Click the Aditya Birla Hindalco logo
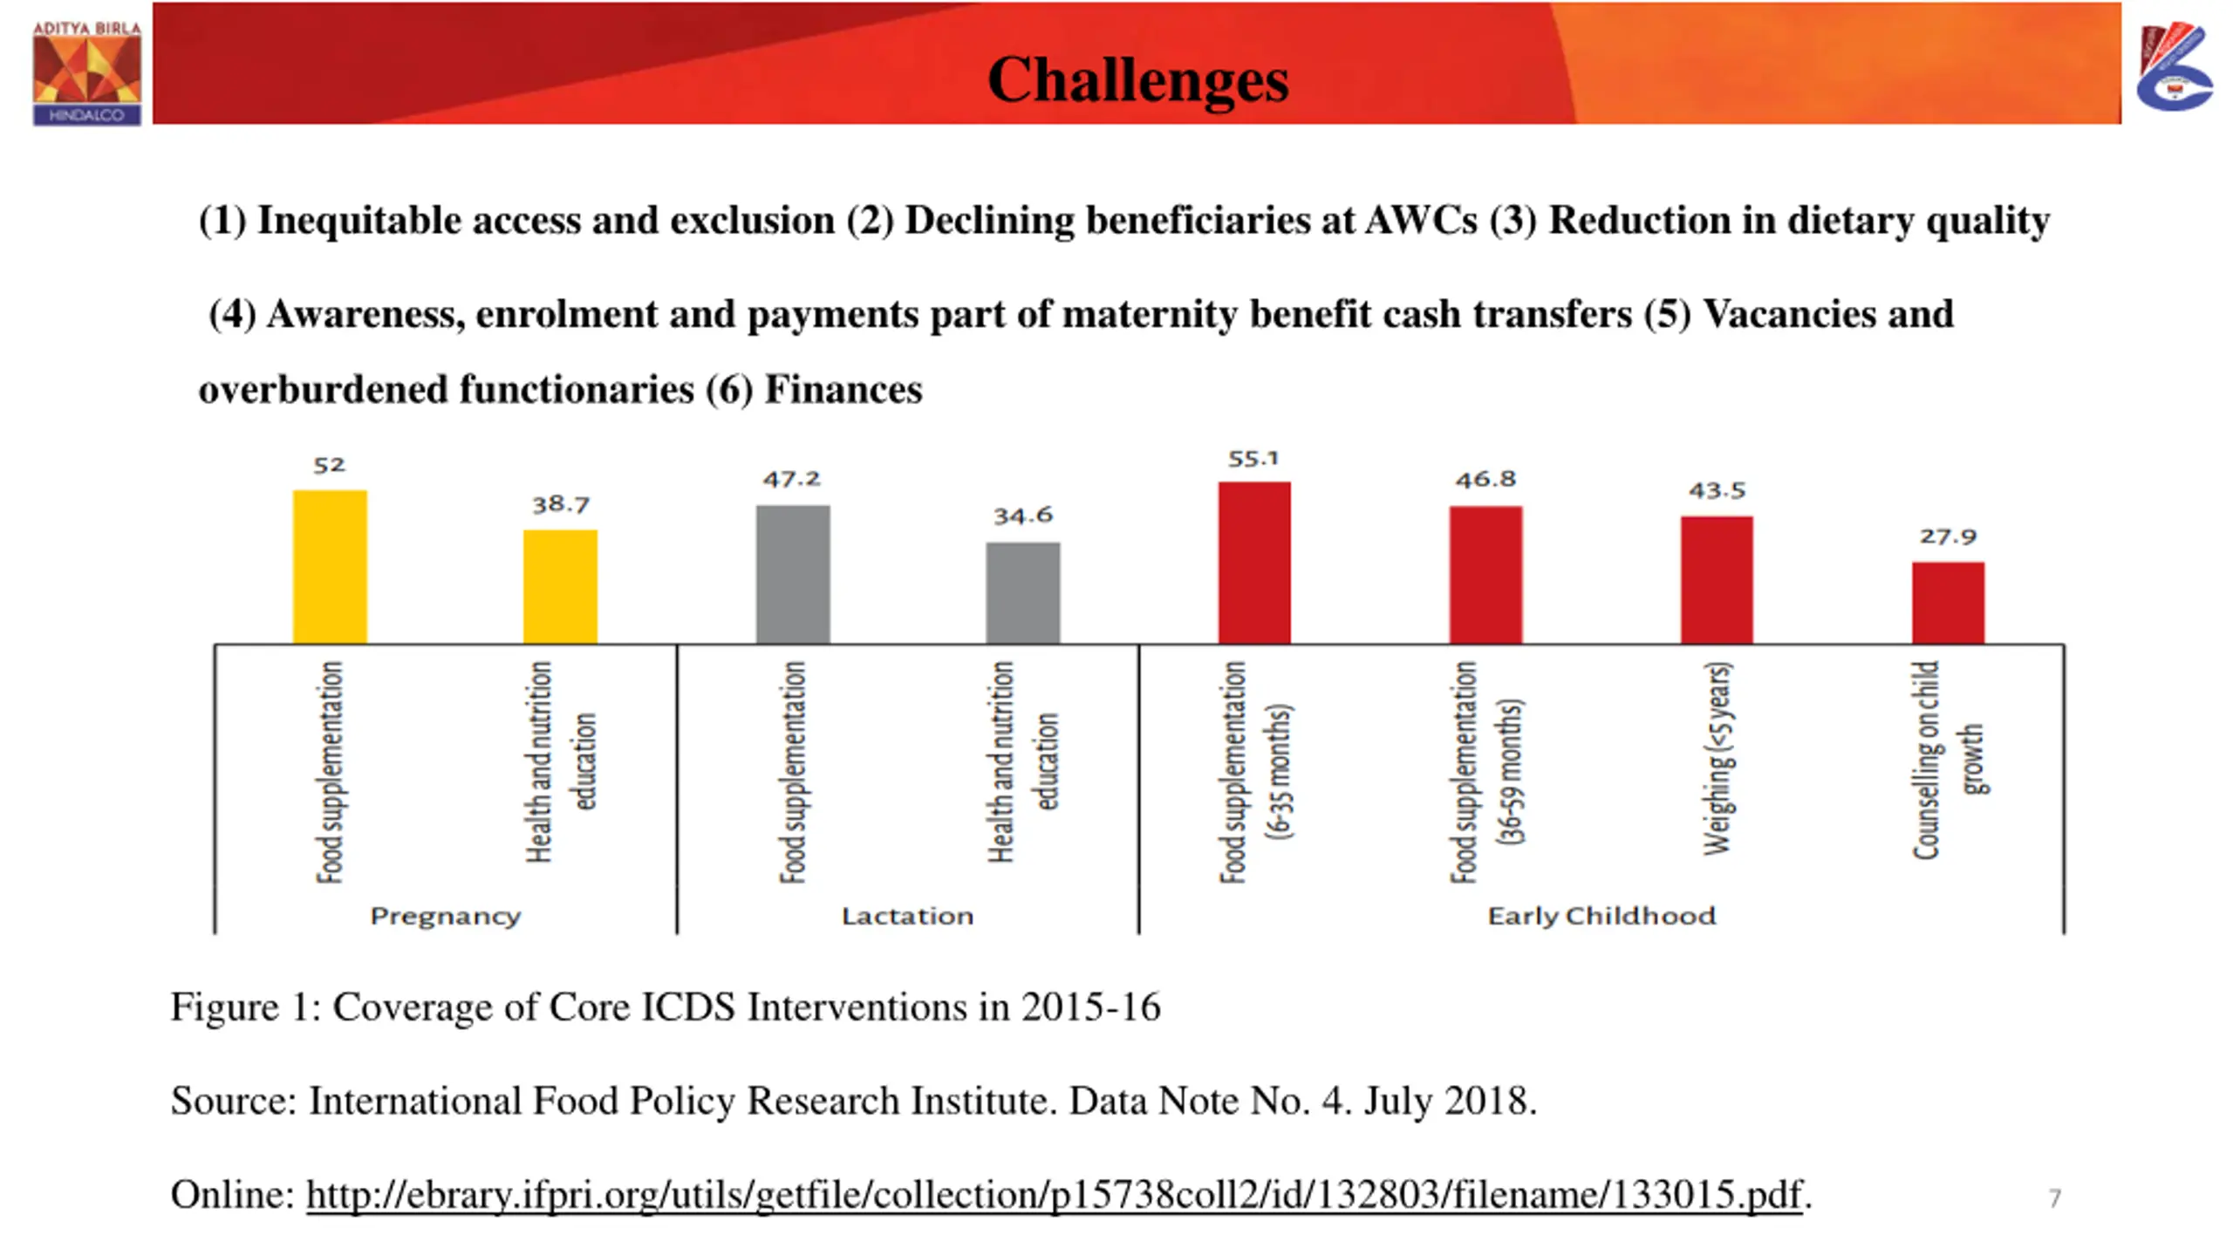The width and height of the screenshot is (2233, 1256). [86, 73]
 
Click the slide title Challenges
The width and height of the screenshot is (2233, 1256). [1137, 79]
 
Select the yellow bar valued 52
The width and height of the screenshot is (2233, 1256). [330, 567]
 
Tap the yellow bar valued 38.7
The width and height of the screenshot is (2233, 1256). [560, 587]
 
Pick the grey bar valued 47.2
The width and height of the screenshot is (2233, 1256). [793, 574]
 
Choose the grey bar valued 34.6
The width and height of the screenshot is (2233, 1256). [1023, 593]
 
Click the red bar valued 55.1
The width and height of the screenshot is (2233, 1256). [1254, 563]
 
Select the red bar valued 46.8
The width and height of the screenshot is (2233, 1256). [1485, 575]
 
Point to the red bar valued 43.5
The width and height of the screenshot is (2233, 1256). [1717, 580]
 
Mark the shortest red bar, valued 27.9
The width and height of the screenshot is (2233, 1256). [1948, 603]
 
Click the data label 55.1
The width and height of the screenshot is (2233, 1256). [1253, 459]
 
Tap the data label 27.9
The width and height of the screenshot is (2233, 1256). [1948, 536]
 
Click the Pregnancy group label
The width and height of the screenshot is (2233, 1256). [445, 916]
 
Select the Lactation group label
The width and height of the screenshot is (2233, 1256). [907, 916]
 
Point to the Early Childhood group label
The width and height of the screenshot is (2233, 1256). [1601, 916]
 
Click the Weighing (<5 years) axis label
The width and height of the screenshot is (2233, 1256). [1717, 759]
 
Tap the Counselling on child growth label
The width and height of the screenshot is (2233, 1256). [1947, 759]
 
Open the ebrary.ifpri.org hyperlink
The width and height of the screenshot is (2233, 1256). [1054, 1194]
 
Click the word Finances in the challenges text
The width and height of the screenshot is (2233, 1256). [843, 390]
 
